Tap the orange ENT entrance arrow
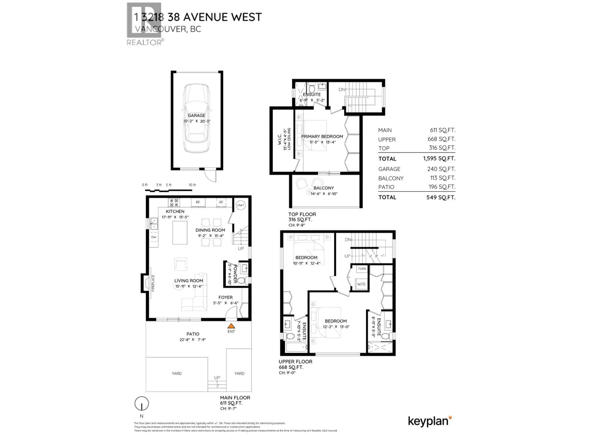point(231,326)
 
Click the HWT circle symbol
point(241,205)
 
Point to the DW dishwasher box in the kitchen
point(154,237)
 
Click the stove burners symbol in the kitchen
point(174,203)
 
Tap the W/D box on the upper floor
point(361,284)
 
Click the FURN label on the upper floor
point(362,269)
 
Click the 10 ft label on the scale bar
point(192,185)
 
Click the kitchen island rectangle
point(180,233)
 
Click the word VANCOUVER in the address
point(161,29)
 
